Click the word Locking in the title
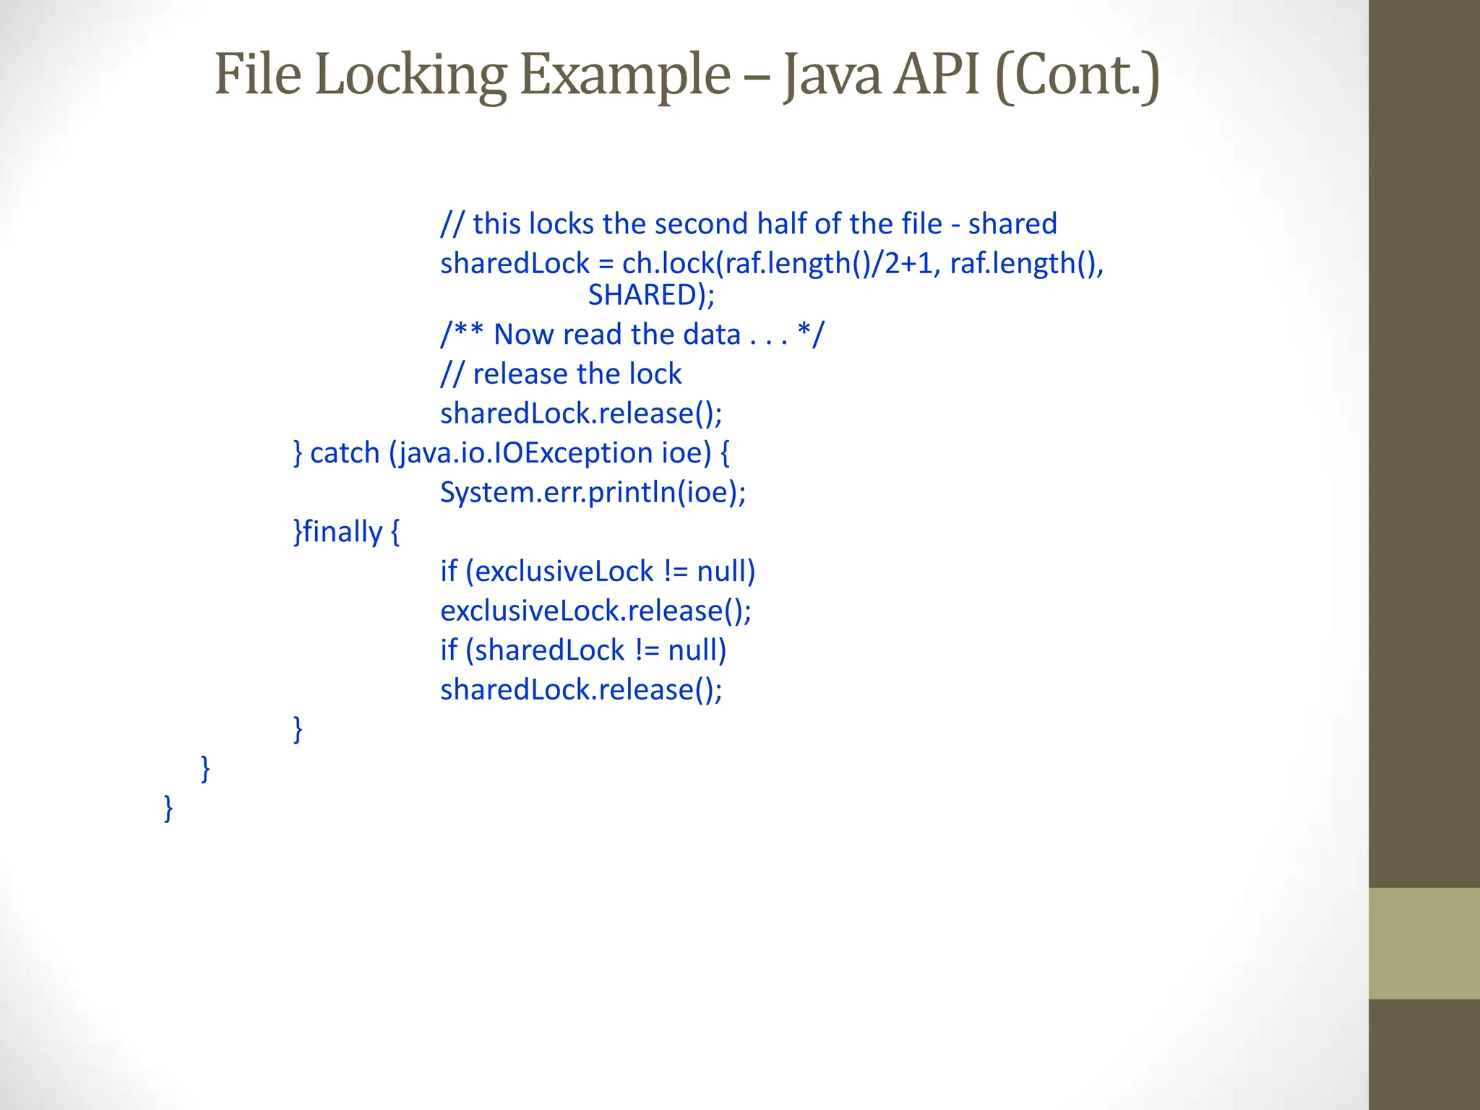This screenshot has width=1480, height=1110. tap(410, 75)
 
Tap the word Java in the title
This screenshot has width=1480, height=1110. tap(832, 75)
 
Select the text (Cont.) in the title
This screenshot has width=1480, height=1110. tap(1077, 75)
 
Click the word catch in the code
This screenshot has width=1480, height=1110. tap(345, 453)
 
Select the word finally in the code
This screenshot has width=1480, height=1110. tap(342, 532)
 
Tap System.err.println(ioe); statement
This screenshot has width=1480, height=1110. tap(593, 493)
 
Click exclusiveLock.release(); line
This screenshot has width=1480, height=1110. tap(595, 611)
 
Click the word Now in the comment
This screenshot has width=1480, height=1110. tap(524, 335)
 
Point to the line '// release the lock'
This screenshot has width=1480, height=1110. tap(561, 374)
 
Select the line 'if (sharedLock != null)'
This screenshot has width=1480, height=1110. tap(583, 650)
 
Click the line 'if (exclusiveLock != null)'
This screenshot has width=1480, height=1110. tap(598, 572)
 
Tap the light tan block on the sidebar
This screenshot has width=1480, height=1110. tap(1424, 943)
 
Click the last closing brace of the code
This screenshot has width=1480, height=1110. tap(168, 807)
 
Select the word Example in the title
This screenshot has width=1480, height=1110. tap(625, 75)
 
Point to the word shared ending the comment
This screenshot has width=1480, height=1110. tap(1012, 224)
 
